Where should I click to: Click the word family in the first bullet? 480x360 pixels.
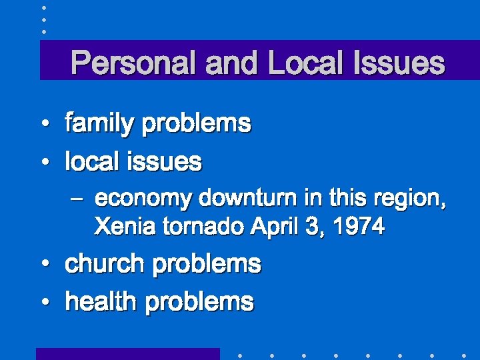(x=101, y=123)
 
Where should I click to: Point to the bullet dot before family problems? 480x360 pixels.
(x=43, y=125)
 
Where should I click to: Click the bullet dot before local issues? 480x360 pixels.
(x=43, y=162)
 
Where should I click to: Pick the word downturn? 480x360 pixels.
(x=242, y=199)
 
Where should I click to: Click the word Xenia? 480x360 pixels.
(x=117, y=227)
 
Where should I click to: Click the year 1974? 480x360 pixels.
(x=359, y=227)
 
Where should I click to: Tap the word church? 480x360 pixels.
(x=105, y=264)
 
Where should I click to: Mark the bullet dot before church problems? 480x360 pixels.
(x=43, y=265)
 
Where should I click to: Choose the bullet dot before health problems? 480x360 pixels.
(x=43, y=303)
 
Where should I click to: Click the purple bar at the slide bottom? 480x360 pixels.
(x=127, y=354)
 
